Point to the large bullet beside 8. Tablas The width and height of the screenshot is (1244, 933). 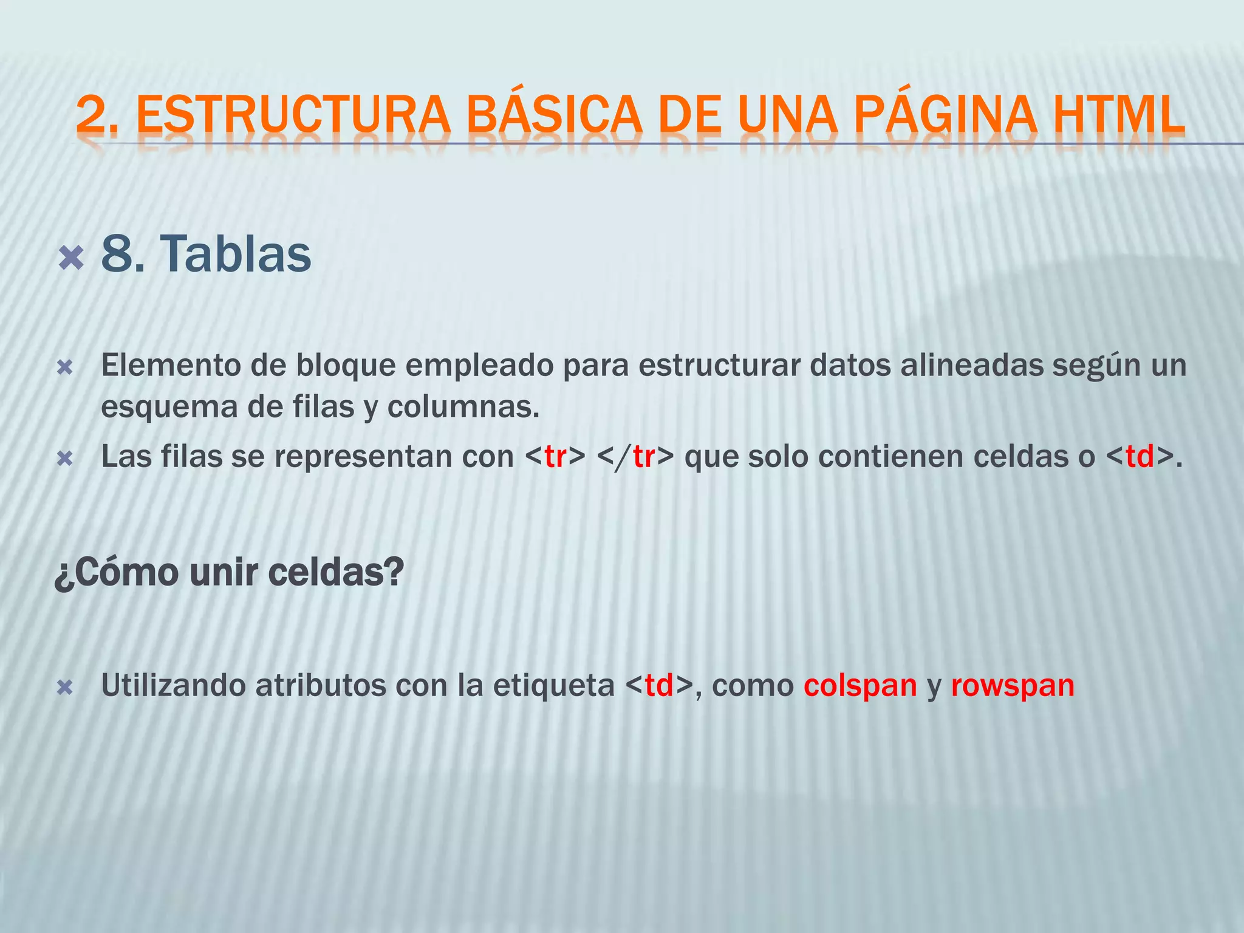click(71, 258)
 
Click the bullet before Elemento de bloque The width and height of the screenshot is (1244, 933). click(64, 367)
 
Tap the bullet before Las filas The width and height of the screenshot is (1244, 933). click(64, 458)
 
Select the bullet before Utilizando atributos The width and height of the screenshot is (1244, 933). click(64, 688)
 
